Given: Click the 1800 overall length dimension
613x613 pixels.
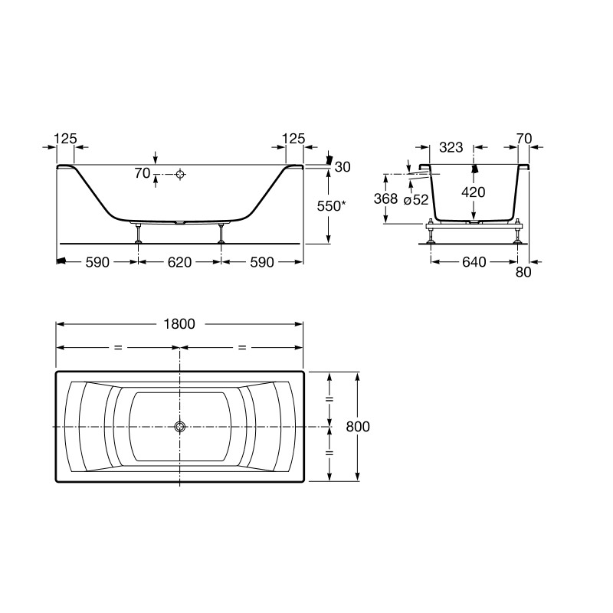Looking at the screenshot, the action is click(179, 324).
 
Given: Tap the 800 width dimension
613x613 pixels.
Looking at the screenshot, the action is click(358, 427).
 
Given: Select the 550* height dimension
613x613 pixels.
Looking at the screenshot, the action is click(331, 206).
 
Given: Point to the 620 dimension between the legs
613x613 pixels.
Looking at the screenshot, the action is click(179, 262).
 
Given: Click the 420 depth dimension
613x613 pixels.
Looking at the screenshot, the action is click(473, 192).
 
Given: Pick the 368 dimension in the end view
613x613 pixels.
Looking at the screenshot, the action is click(385, 198).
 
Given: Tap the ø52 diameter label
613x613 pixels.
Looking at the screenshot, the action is click(416, 200).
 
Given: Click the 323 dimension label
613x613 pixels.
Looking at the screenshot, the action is click(451, 147).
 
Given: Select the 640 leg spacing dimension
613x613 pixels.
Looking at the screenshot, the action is click(474, 262).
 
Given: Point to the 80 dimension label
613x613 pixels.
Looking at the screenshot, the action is click(523, 272).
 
